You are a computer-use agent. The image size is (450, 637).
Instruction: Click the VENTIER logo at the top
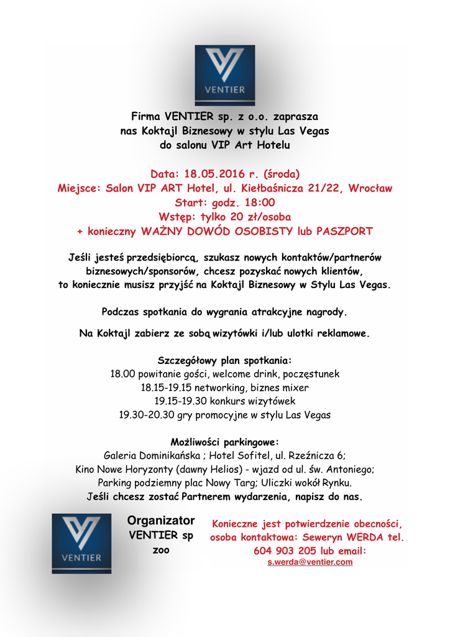pos(224,75)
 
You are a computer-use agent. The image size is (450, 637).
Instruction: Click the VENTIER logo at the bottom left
pos(81,543)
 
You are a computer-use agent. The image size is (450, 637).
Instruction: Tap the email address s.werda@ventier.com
pos(310,562)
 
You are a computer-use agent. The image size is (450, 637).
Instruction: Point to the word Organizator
pos(161,521)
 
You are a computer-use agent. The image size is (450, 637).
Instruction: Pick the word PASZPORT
pos(344,231)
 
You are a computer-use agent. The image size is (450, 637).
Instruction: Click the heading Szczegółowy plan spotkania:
pos(224,360)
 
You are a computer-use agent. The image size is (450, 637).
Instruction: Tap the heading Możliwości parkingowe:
pos(224,442)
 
